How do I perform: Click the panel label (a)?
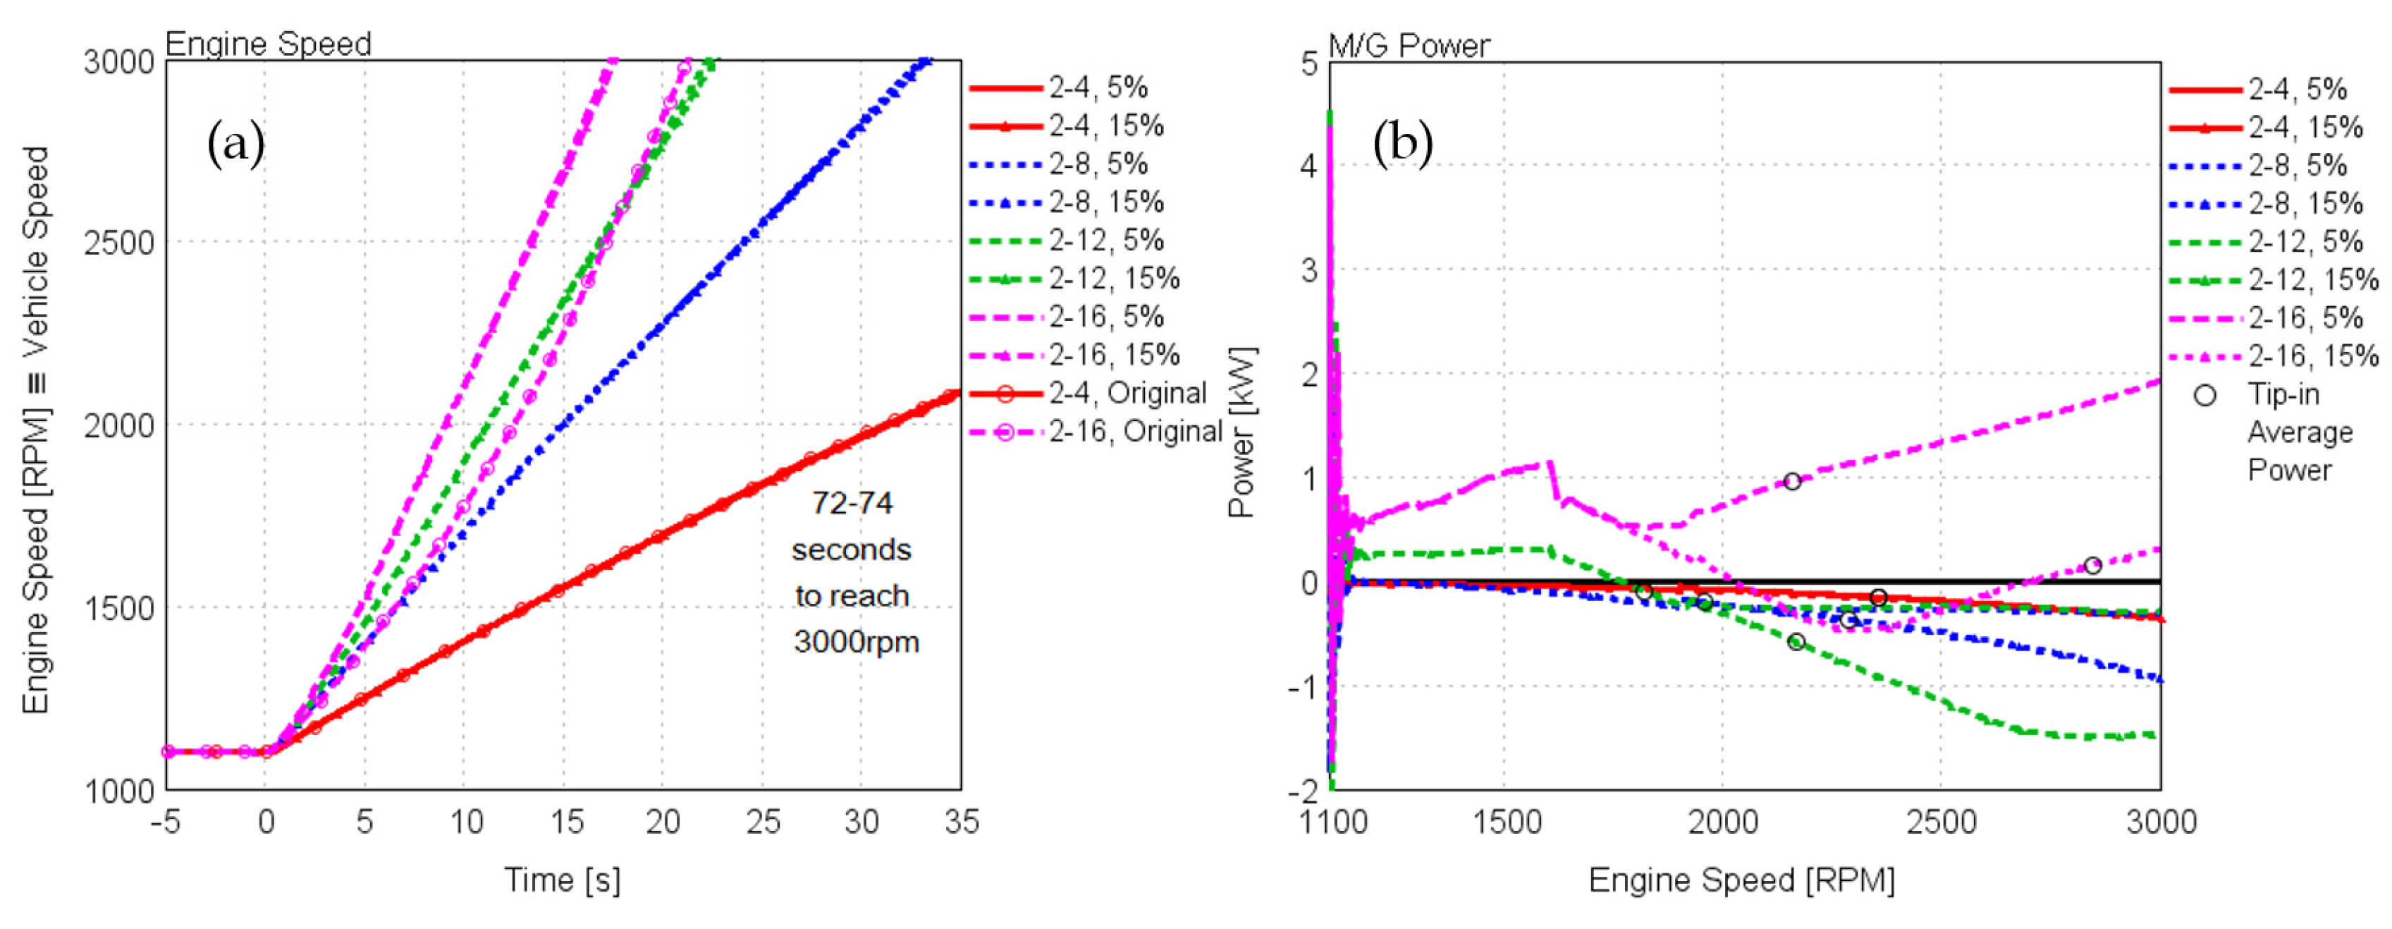(x=236, y=144)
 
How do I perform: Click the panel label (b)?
(x=1402, y=144)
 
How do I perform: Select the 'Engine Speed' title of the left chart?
(x=269, y=44)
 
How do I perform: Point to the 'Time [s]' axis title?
(x=562, y=879)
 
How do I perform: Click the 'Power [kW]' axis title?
(x=1241, y=432)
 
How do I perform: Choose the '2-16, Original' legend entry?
(x=1135, y=431)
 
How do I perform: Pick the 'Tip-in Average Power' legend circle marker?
(x=2204, y=396)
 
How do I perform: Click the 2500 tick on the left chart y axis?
(x=119, y=243)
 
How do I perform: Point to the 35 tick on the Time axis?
(x=961, y=821)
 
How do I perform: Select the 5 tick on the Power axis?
(x=1308, y=64)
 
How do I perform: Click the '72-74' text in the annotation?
(x=852, y=502)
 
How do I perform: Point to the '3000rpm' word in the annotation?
(x=855, y=642)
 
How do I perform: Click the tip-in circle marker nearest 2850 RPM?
(x=2092, y=566)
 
